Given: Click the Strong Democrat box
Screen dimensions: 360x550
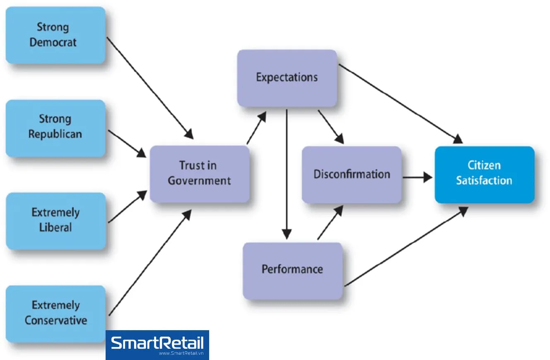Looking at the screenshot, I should pos(55,35).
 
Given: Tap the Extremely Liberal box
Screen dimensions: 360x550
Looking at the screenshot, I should pos(55,220).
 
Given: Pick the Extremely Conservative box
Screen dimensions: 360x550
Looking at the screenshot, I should pos(55,313).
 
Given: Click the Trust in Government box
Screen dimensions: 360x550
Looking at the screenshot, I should pos(199,174).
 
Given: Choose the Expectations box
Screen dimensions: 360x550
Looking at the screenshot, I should pos(287,78).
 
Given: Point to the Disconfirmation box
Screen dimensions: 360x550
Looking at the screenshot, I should pos(352,174).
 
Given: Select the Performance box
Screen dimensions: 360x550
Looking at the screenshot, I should pos(292,270).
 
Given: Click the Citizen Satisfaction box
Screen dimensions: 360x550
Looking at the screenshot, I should pos(484,174).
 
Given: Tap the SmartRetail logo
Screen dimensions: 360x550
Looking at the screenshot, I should pos(157,345).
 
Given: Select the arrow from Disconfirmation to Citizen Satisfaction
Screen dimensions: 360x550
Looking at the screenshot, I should pos(417,178).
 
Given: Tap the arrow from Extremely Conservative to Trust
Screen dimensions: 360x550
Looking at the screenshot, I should pos(150,263).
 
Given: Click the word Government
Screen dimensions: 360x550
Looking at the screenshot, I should pos(199,181).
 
